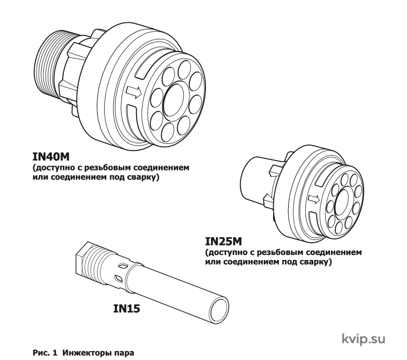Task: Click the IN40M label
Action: (51, 157)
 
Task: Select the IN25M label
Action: (223, 242)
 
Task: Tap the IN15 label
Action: (127, 308)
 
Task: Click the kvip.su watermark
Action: (363, 339)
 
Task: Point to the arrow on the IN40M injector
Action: (134, 92)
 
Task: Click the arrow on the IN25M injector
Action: (314, 199)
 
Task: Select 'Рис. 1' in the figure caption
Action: (44, 353)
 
